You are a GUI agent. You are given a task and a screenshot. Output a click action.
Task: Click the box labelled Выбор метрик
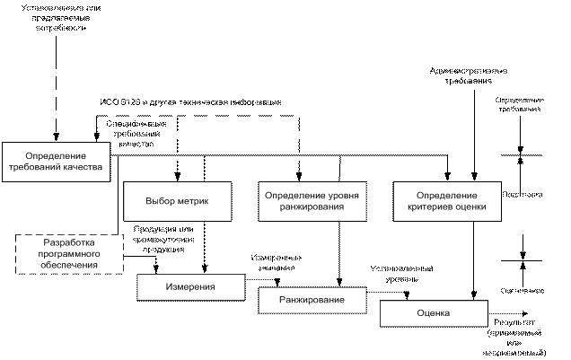177,201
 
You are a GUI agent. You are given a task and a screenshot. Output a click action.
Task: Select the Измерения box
190,286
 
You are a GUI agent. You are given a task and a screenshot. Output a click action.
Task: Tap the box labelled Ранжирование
312,300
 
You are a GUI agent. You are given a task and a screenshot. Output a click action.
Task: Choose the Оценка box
434,313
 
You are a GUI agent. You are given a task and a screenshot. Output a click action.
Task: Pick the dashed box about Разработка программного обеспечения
70,254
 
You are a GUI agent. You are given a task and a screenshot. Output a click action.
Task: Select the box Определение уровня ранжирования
312,201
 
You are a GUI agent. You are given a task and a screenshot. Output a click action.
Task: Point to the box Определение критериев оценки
447,201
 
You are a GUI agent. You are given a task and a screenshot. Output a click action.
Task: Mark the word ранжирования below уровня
312,207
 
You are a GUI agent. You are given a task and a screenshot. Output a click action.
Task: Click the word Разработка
70,243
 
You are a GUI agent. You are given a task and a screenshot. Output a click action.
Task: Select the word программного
70,254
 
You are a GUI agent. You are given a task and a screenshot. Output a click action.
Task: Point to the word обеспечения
70,265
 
